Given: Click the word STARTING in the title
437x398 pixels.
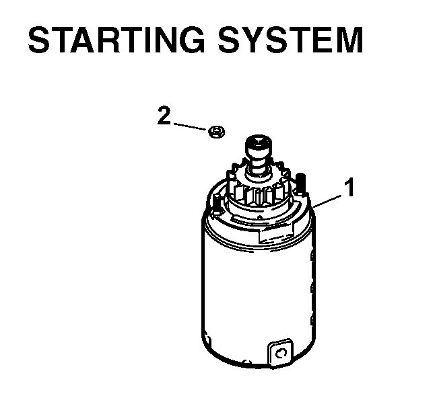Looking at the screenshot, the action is (x=117, y=40).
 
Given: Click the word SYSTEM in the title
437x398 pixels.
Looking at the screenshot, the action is (x=290, y=40).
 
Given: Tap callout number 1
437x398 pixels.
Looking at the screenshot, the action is (x=349, y=188).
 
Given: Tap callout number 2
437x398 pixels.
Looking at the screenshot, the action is (x=164, y=115).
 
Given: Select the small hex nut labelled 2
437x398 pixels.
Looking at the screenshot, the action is (x=217, y=132).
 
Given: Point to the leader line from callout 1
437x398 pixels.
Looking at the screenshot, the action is (x=327, y=202).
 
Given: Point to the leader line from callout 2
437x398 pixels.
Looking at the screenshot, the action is (x=191, y=126).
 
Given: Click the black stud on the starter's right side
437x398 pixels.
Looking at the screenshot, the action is (x=300, y=183).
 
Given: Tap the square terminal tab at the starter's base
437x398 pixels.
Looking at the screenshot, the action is (x=281, y=353).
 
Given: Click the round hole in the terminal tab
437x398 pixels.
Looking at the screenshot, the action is (x=281, y=354).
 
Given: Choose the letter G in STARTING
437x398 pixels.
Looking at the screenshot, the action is (x=191, y=40).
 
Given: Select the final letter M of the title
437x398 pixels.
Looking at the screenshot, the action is (x=349, y=40).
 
